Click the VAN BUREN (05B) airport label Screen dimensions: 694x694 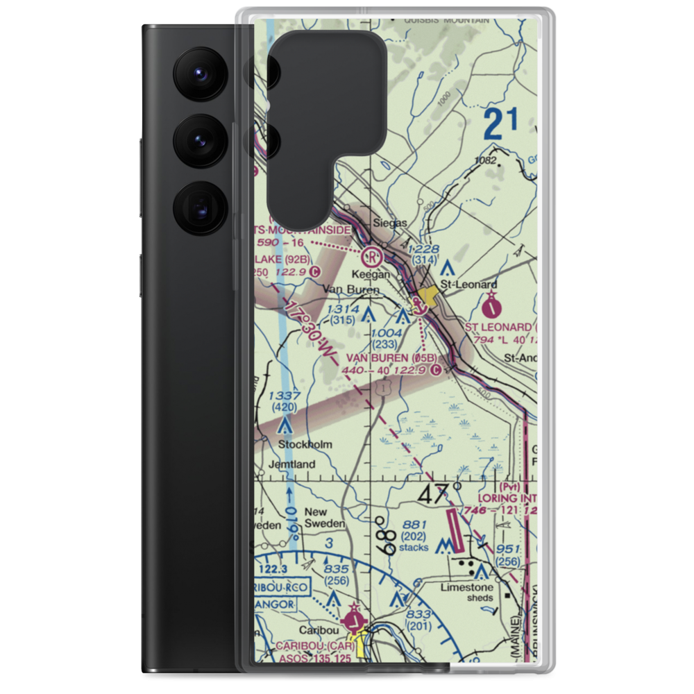pyautogui.click(x=391, y=357)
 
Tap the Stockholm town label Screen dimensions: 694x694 pyautogui.click(x=305, y=444)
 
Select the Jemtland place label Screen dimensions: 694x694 pyautogui.click(x=292, y=464)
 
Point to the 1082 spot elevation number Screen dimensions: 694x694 pyautogui.click(x=486, y=161)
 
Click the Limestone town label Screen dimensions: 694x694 pyautogui.click(x=466, y=587)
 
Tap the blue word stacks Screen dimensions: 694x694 pyautogui.click(x=414, y=548)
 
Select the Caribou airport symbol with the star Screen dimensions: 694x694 pyautogui.click(x=356, y=618)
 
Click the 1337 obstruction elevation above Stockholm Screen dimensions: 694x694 pyautogui.click(x=283, y=396)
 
